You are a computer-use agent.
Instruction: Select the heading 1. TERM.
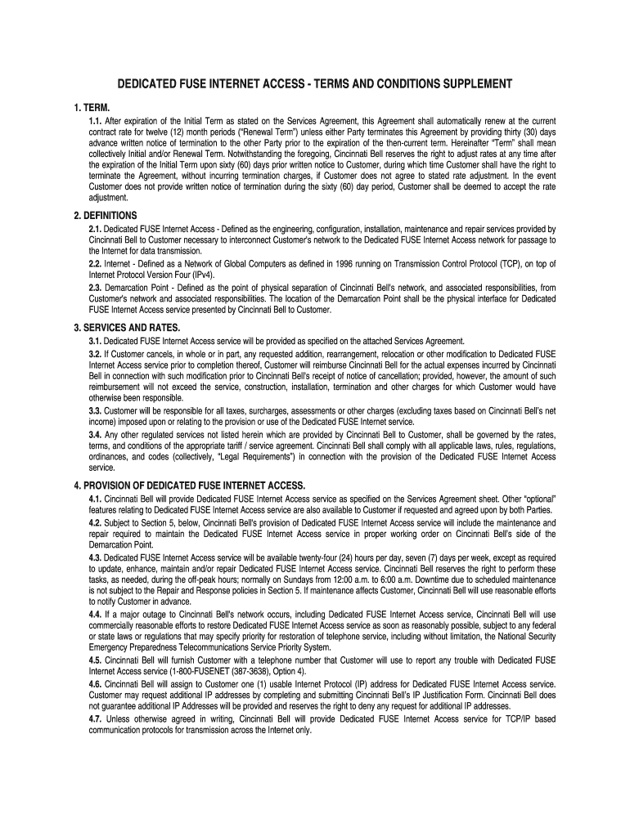[92, 106]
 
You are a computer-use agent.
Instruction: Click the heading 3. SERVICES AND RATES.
[128, 328]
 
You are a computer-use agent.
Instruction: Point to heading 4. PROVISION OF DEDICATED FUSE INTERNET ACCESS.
[190, 485]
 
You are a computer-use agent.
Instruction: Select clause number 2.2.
[96, 265]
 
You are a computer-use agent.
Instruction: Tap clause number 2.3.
[96, 288]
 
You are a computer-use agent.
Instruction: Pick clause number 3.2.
[96, 353]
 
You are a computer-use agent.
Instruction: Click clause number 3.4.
[96, 434]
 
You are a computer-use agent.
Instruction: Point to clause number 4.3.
[96, 557]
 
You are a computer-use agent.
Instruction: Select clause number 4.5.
[96, 660]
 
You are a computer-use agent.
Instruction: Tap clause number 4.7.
[96, 719]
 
